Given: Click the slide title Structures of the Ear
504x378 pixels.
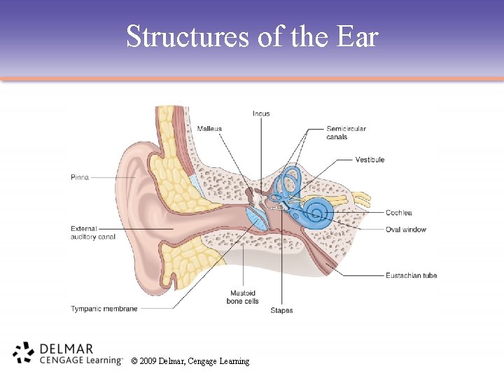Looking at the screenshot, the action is pyautogui.click(x=252, y=36).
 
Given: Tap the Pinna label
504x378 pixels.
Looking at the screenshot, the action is pyautogui.click(x=80, y=178).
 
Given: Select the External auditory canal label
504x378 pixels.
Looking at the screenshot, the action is pyautogui.click(x=93, y=232).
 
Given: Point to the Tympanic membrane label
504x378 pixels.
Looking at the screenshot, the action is pyautogui.click(x=104, y=309).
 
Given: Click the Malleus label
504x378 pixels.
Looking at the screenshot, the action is pyautogui.click(x=209, y=129).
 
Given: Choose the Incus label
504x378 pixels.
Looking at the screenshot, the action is pyautogui.click(x=261, y=114).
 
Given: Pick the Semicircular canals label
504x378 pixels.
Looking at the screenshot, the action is pyautogui.click(x=346, y=132).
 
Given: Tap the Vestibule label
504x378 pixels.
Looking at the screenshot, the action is pyautogui.click(x=369, y=160).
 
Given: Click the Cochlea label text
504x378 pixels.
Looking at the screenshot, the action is pyautogui.click(x=398, y=213).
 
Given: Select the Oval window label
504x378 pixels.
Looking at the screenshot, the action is pyautogui.click(x=405, y=230).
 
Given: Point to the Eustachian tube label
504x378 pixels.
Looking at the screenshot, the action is pyautogui.click(x=411, y=275).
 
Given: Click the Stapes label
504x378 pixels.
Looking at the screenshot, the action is pyautogui.click(x=281, y=310).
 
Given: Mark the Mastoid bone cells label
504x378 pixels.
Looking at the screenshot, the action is pyautogui.click(x=242, y=297).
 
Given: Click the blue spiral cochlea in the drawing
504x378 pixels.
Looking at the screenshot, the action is pyautogui.click(x=317, y=210).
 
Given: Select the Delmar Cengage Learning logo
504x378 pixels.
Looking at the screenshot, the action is pyautogui.click(x=66, y=354).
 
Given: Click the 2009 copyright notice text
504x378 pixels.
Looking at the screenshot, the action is pyautogui.click(x=190, y=361).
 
